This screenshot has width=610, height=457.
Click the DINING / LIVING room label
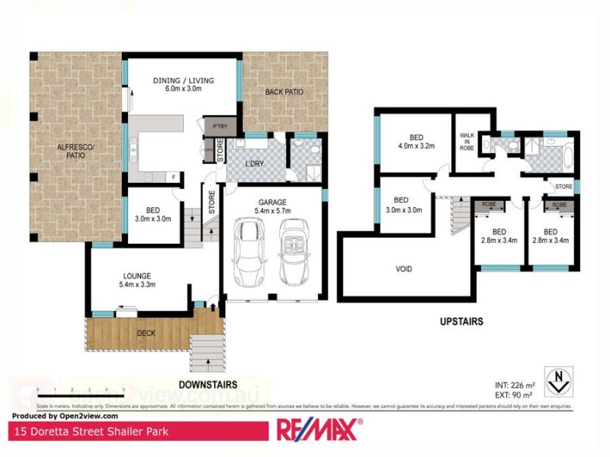click(x=182, y=81)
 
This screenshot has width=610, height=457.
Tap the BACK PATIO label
click(x=284, y=92)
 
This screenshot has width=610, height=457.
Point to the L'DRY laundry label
click(x=254, y=165)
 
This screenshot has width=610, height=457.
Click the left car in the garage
click(x=249, y=251)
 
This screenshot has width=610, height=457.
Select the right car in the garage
click(x=294, y=251)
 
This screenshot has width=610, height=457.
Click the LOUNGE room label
click(x=138, y=276)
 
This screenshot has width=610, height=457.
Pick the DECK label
click(x=146, y=333)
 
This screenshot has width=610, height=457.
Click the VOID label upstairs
click(x=403, y=268)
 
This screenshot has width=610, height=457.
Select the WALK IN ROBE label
click(x=467, y=142)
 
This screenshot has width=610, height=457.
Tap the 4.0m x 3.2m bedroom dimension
click(x=416, y=146)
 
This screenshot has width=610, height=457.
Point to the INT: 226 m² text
click(x=515, y=384)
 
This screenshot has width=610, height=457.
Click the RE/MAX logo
click(x=318, y=430)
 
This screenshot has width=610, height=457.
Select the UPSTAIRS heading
click(x=461, y=322)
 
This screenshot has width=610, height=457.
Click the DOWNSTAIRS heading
click(x=207, y=385)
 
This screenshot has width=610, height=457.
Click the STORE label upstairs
click(x=564, y=185)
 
